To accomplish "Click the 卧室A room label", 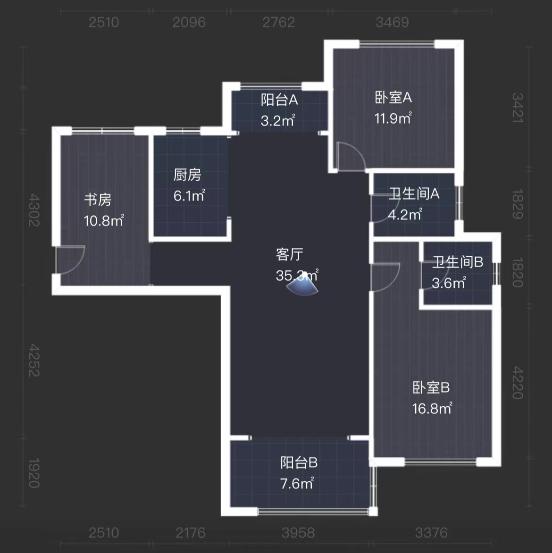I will click(x=393, y=98).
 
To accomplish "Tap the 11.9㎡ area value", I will click(x=393, y=118).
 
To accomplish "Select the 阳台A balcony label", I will click(x=279, y=100).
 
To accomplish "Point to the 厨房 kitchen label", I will click(x=187, y=175).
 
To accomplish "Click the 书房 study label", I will click(x=98, y=200).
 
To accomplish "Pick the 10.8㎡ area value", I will click(x=104, y=220).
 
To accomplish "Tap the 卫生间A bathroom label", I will click(x=414, y=193).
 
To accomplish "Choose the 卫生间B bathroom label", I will click(x=457, y=262).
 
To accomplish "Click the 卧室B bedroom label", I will click(x=431, y=388).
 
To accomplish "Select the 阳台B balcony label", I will click(x=299, y=462).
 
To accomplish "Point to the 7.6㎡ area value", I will click(x=297, y=484).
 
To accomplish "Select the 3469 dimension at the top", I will click(x=392, y=22).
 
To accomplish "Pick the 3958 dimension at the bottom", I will click(x=298, y=533).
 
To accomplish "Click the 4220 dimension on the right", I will click(x=518, y=383).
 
